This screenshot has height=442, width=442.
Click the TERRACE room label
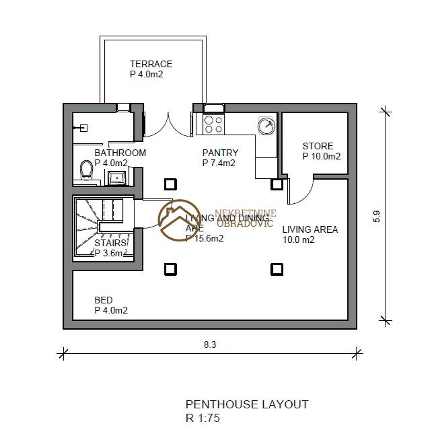pos(151,64)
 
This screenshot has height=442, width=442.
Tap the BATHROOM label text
pos(120,153)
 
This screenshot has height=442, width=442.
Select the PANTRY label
pos(220,153)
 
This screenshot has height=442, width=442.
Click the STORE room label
pos(318,146)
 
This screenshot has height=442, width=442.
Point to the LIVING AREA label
pos(309,229)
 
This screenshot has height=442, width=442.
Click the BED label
pos(104,300)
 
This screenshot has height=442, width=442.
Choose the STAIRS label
pos(110,243)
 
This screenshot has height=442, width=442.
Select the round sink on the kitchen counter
pos(266,124)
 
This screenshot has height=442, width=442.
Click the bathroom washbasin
pos(118,177)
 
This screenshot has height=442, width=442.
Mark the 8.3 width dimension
pos(209,344)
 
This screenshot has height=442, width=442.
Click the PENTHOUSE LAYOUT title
pos(246,404)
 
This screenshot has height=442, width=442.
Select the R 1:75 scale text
pos(202,417)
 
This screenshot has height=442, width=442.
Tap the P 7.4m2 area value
pos(219,163)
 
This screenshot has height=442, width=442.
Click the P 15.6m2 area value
pos(205,237)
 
